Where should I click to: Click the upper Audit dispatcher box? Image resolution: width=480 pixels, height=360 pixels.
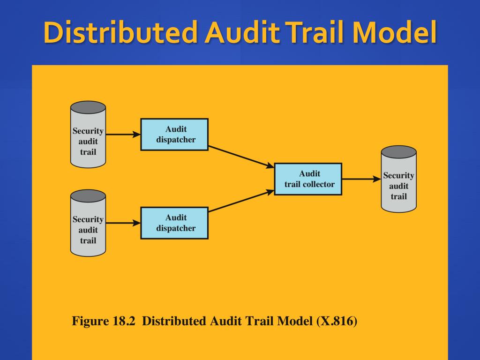click(x=174, y=135)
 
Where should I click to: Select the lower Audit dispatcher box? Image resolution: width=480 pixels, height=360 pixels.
click(x=174, y=223)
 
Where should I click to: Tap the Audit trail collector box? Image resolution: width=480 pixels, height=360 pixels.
click(x=308, y=179)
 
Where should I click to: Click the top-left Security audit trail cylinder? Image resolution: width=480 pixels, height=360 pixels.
click(x=88, y=136)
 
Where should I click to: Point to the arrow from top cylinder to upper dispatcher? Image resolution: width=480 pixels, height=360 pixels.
click(x=123, y=135)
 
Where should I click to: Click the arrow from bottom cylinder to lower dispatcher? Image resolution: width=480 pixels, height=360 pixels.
click(x=123, y=224)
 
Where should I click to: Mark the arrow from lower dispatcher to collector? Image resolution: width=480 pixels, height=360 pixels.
click(x=241, y=201)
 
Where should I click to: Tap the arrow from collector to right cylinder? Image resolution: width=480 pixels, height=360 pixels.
click(x=361, y=179)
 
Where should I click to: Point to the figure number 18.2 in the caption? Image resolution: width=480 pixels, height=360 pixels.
click(x=127, y=322)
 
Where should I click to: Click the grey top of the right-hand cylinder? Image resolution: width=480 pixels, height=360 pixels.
click(x=398, y=152)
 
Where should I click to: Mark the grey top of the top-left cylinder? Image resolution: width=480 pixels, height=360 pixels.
click(x=88, y=107)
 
